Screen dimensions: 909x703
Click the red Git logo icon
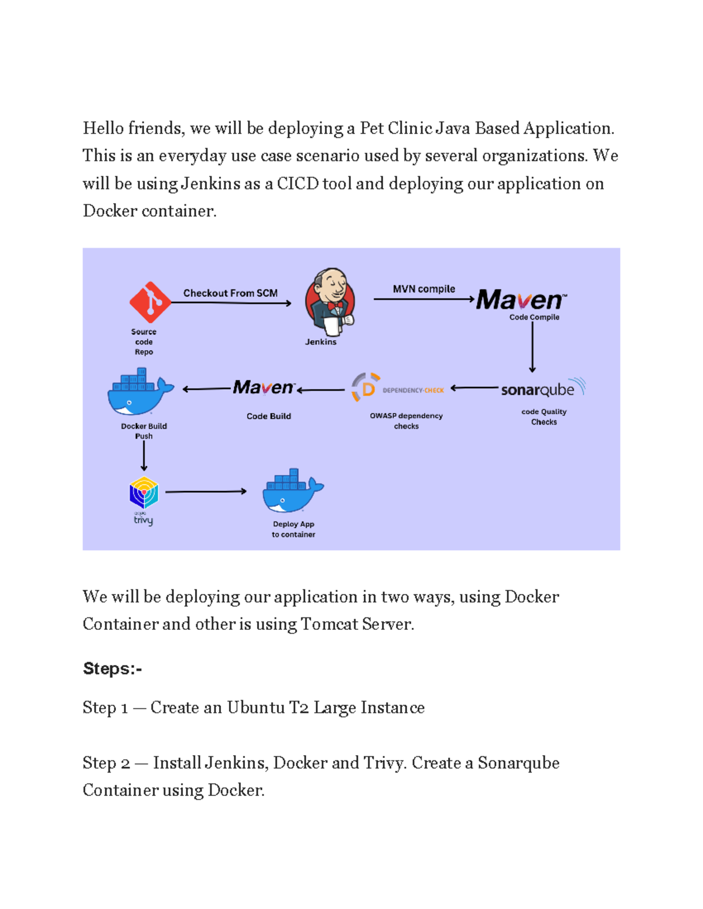pos(150,302)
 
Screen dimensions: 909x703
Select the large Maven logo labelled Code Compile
pos(521,300)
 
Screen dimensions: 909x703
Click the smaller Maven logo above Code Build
pos(264,387)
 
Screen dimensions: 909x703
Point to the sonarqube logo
pos(542,389)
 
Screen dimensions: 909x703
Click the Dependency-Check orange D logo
pos(366,387)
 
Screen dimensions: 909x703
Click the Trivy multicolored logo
pos(144,493)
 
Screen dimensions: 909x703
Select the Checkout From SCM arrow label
pos(230,293)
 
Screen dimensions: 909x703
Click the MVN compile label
pos(424,289)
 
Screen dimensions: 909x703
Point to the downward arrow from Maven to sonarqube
pos(532,347)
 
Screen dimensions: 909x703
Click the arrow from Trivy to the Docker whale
pos(206,492)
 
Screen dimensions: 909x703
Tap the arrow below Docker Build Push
pos(144,456)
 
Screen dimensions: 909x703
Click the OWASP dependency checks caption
pos(406,421)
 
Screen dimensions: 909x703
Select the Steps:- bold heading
pos(112,668)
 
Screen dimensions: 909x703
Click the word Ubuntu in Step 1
pos(255,708)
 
